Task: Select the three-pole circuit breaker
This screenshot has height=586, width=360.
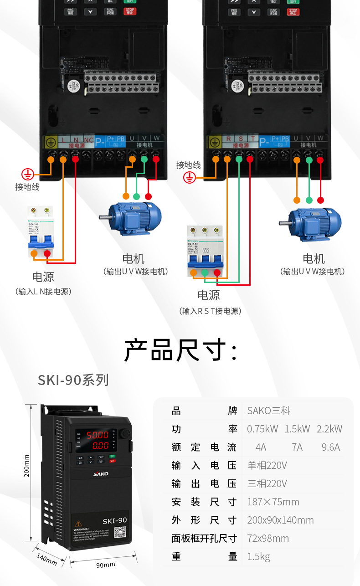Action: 205,250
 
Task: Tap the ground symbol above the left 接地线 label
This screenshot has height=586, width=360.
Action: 28,174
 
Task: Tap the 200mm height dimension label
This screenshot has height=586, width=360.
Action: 26,465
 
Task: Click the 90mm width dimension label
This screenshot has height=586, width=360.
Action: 106,565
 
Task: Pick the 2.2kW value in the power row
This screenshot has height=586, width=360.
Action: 329,429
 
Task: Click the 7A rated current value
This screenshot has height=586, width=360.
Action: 297,447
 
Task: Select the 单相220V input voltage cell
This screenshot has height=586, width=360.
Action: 267,466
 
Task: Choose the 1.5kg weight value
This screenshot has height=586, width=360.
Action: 258,557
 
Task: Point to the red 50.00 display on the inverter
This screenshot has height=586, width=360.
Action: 98,435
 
